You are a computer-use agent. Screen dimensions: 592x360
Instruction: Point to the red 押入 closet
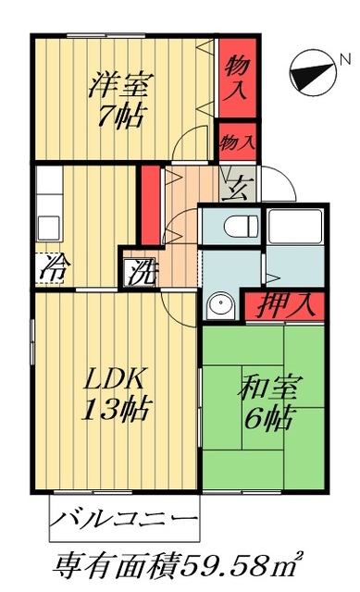coord(283,303)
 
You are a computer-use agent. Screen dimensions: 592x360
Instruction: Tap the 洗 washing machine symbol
coord(142,273)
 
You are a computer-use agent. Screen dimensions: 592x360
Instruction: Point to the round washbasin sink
coord(220,305)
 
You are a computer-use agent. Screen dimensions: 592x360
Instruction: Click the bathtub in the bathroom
coord(293,228)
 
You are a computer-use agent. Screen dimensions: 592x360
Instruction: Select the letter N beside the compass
coord(344,61)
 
